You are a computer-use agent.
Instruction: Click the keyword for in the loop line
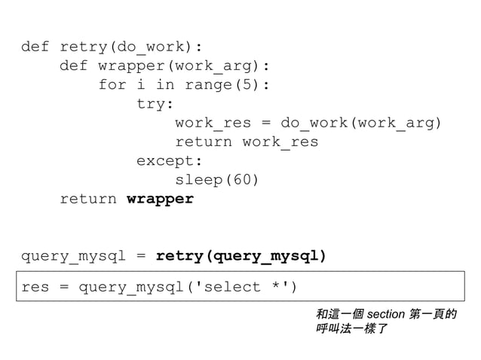click(112, 85)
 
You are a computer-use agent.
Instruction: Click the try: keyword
click(155, 104)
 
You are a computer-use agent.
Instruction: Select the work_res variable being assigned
click(213, 123)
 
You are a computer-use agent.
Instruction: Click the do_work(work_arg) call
click(362, 123)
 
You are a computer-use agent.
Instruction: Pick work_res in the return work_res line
click(280, 142)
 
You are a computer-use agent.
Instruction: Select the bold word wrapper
click(160, 200)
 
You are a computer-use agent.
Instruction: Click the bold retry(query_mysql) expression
click(241, 257)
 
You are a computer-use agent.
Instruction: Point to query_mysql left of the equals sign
click(73, 257)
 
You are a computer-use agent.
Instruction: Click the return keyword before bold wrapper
click(87, 200)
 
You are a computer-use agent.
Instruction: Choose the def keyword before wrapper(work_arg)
click(73, 66)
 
